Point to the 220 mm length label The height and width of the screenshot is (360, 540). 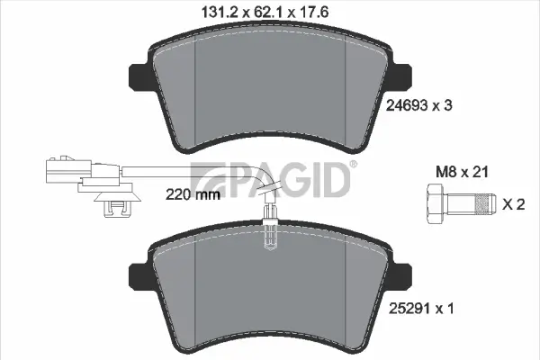(x=193, y=193)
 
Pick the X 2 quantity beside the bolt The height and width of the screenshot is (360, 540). (x=513, y=205)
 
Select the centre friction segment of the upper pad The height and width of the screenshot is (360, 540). (x=271, y=90)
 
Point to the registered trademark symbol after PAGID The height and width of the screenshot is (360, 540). (x=353, y=164)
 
